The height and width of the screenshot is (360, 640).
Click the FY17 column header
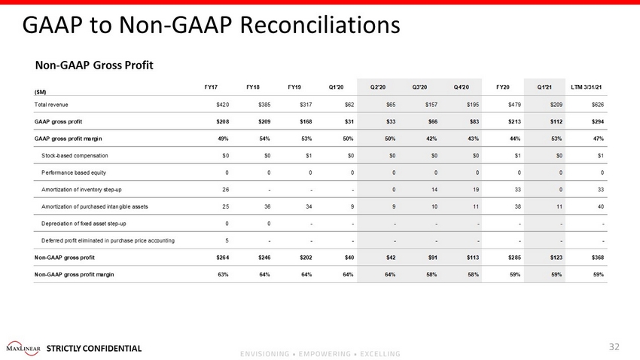click(211, 87)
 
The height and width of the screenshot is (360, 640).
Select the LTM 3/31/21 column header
click(586, 87)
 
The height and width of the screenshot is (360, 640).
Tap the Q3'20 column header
click(419, 87)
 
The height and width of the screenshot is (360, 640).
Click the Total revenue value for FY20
click(514, 105)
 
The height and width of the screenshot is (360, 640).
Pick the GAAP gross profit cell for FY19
click(306, 122)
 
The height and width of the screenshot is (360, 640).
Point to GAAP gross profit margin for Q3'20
click(431, 139)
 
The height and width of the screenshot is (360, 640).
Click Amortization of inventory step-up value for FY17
click(226, 190)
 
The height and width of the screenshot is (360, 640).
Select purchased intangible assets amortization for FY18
click(267, 207)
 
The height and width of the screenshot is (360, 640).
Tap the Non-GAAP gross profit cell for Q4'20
click(473, 258)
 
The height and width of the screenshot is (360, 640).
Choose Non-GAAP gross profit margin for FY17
click(223, 275)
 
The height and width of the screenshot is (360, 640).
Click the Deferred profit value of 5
click(227, 241)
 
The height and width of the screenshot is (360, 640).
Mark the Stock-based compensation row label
click(75, 156)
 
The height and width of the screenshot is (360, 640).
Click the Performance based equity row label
click(74, 172)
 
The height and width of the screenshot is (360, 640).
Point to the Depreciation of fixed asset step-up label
click(84, 224)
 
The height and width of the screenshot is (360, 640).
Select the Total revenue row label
click(51, 105)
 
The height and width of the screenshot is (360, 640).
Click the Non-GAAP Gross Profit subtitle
click(94, 66)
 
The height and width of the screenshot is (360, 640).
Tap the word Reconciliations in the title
click(320, 25)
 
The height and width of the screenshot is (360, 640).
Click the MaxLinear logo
click(23, 349)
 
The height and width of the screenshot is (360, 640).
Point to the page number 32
click(614, 347)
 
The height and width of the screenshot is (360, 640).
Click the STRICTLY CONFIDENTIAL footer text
click(94, 349)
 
